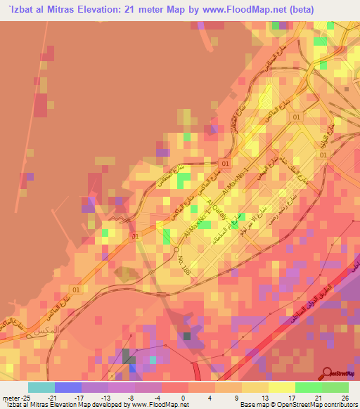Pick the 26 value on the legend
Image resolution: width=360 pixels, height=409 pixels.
[345, 397]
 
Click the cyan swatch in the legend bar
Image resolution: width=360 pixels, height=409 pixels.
[41, 387]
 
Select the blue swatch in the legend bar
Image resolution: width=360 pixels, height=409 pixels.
[67, 387]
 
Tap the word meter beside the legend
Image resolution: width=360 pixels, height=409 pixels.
[11, 397]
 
